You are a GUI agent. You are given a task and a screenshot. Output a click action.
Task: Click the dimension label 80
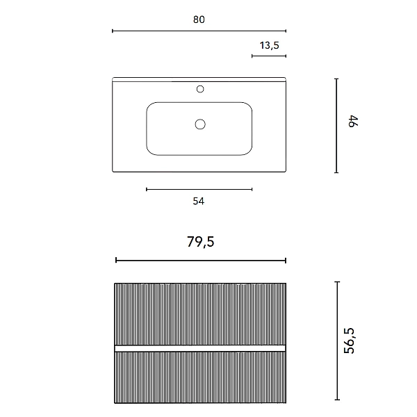click(x=199, y=19)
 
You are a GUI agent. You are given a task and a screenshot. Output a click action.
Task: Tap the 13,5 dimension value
click(x=270, y=45)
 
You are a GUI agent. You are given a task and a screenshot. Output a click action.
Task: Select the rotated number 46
click(x=354, y=122)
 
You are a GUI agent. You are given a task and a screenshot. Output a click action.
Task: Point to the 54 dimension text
click(x=199, y=201)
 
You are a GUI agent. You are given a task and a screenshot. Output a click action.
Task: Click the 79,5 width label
click(x=201, y=242)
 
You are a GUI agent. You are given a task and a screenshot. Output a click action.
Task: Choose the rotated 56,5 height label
click(x=350, y=341)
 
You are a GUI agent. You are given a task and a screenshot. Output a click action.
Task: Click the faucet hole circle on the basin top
click(x=200, y=89)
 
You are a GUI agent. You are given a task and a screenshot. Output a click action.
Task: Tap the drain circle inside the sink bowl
click(x=200, y=124)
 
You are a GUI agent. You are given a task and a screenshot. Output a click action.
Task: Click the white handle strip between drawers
click(x=199, y=348)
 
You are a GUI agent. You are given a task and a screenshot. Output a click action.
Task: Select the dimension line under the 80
click(x=199, y=31)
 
